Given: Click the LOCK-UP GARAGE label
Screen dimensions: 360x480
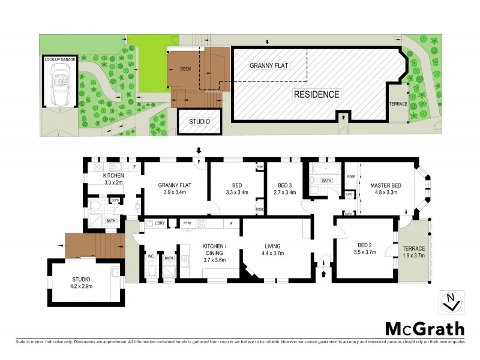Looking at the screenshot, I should pyautogui.click(x=59, y=60).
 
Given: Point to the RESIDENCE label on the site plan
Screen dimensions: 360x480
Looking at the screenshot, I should pyautogui.click(x=316, y=94).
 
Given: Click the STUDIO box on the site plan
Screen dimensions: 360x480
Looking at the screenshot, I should pyautogui.click(x=200, y=122).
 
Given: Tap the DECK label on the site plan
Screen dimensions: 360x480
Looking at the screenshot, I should pyautogui.click(x=185, y=69).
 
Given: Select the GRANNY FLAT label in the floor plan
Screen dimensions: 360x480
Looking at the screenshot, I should pyautogui.click(x=174, y=185).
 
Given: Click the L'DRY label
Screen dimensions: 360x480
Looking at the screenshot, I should pyautogui.click(x=160, y=224).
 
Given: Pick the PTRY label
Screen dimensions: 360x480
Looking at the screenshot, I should pyautogui.click(x=187, y=224).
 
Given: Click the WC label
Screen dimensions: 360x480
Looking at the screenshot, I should pyautogui.click(x=151, y=256).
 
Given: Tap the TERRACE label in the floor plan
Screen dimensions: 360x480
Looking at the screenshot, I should pyautogui.click(x=413, y=248).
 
